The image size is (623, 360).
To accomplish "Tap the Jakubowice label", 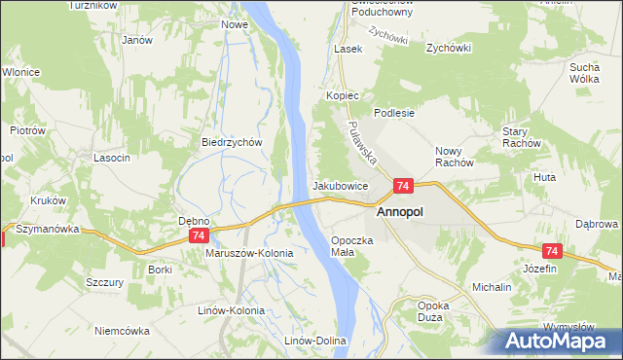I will [x=340, y=185].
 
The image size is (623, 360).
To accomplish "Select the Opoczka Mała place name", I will [x=353, y=245].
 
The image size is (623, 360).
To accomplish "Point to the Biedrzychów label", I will [x=233, y=141].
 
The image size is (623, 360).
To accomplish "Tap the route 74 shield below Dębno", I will [x=198, y=236].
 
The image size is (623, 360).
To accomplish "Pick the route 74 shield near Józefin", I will [x=552, y=251].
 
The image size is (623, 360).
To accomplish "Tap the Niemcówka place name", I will [x=123, y=331].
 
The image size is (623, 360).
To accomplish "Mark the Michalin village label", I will [x=493, y=289].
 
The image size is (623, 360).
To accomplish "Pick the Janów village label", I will [x=136, y=41].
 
